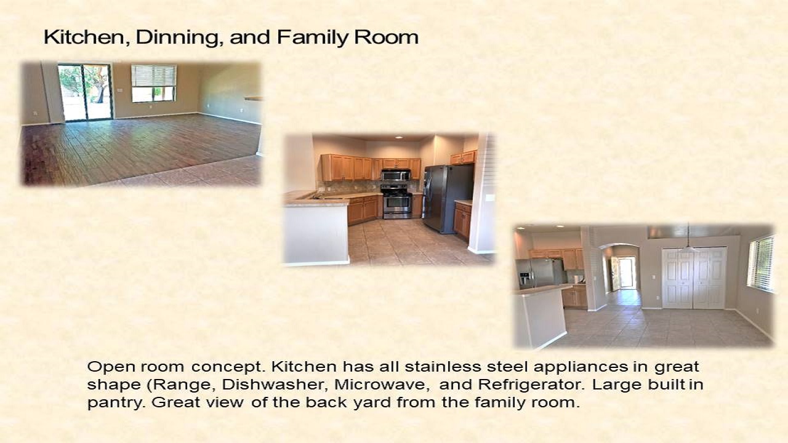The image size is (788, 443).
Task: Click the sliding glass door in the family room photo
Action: (x=85, y=92)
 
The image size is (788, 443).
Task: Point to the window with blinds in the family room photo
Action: (x=154, y=83)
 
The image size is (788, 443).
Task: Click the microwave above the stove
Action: (x=396, y=175)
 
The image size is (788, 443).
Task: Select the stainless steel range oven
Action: (x=396, y=202)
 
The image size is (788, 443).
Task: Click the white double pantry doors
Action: (x=694, y=278)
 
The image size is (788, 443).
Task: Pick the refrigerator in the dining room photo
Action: (x=541, y=274)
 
